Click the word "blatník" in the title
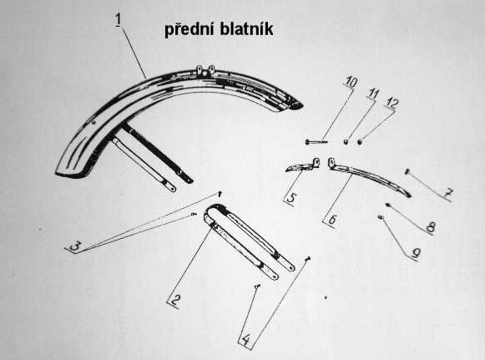[246, 29]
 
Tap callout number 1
[119, 20]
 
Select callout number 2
[175, 300]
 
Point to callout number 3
[75, 246]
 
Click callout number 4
[245, 341]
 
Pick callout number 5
[290, 198]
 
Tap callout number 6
[332, 220]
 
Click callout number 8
[430, 227]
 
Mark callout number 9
[416, 253]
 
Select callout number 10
[351, 83]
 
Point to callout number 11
[373, 94]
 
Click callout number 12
[392, 104]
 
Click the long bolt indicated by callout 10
[316, 142]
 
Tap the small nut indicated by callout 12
[360, 142]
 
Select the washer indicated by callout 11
[346, 142]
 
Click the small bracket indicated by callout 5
[302, 166]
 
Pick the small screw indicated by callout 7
[407, 171]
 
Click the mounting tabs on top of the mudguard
[206, 70]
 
